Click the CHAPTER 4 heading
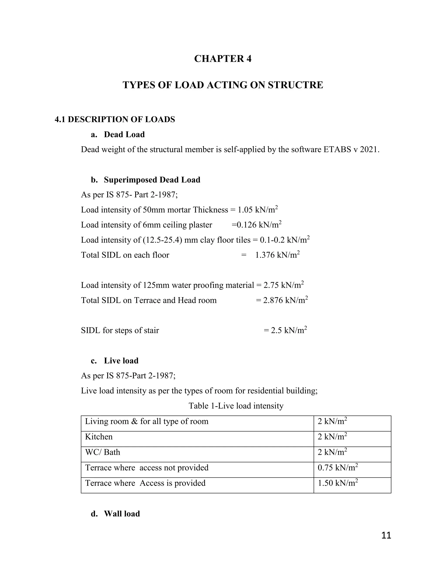pos(223,59)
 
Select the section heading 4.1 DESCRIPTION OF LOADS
pos(115,119)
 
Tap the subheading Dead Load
pos(124,135)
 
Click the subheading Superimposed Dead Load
pos(152,180)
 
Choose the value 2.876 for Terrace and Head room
pos(273,300)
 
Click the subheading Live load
pos(121,361)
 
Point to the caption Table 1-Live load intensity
pos(236,406)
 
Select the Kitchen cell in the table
pos(99,437)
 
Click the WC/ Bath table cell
pos(103,452)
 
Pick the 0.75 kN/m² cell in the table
pos(337,468)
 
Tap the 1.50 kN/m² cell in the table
pos(337,483)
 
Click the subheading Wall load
pos(122,514)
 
